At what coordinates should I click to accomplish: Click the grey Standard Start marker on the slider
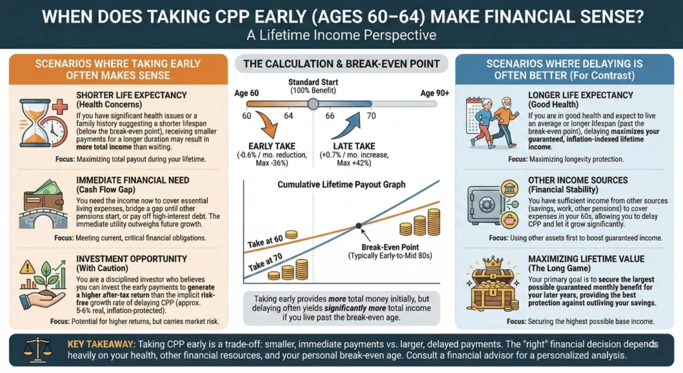pos(312,103)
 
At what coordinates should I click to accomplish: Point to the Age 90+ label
pos(434,93)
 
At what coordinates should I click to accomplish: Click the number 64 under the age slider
pos(289,116)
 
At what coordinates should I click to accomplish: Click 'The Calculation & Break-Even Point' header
pos(341,64)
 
